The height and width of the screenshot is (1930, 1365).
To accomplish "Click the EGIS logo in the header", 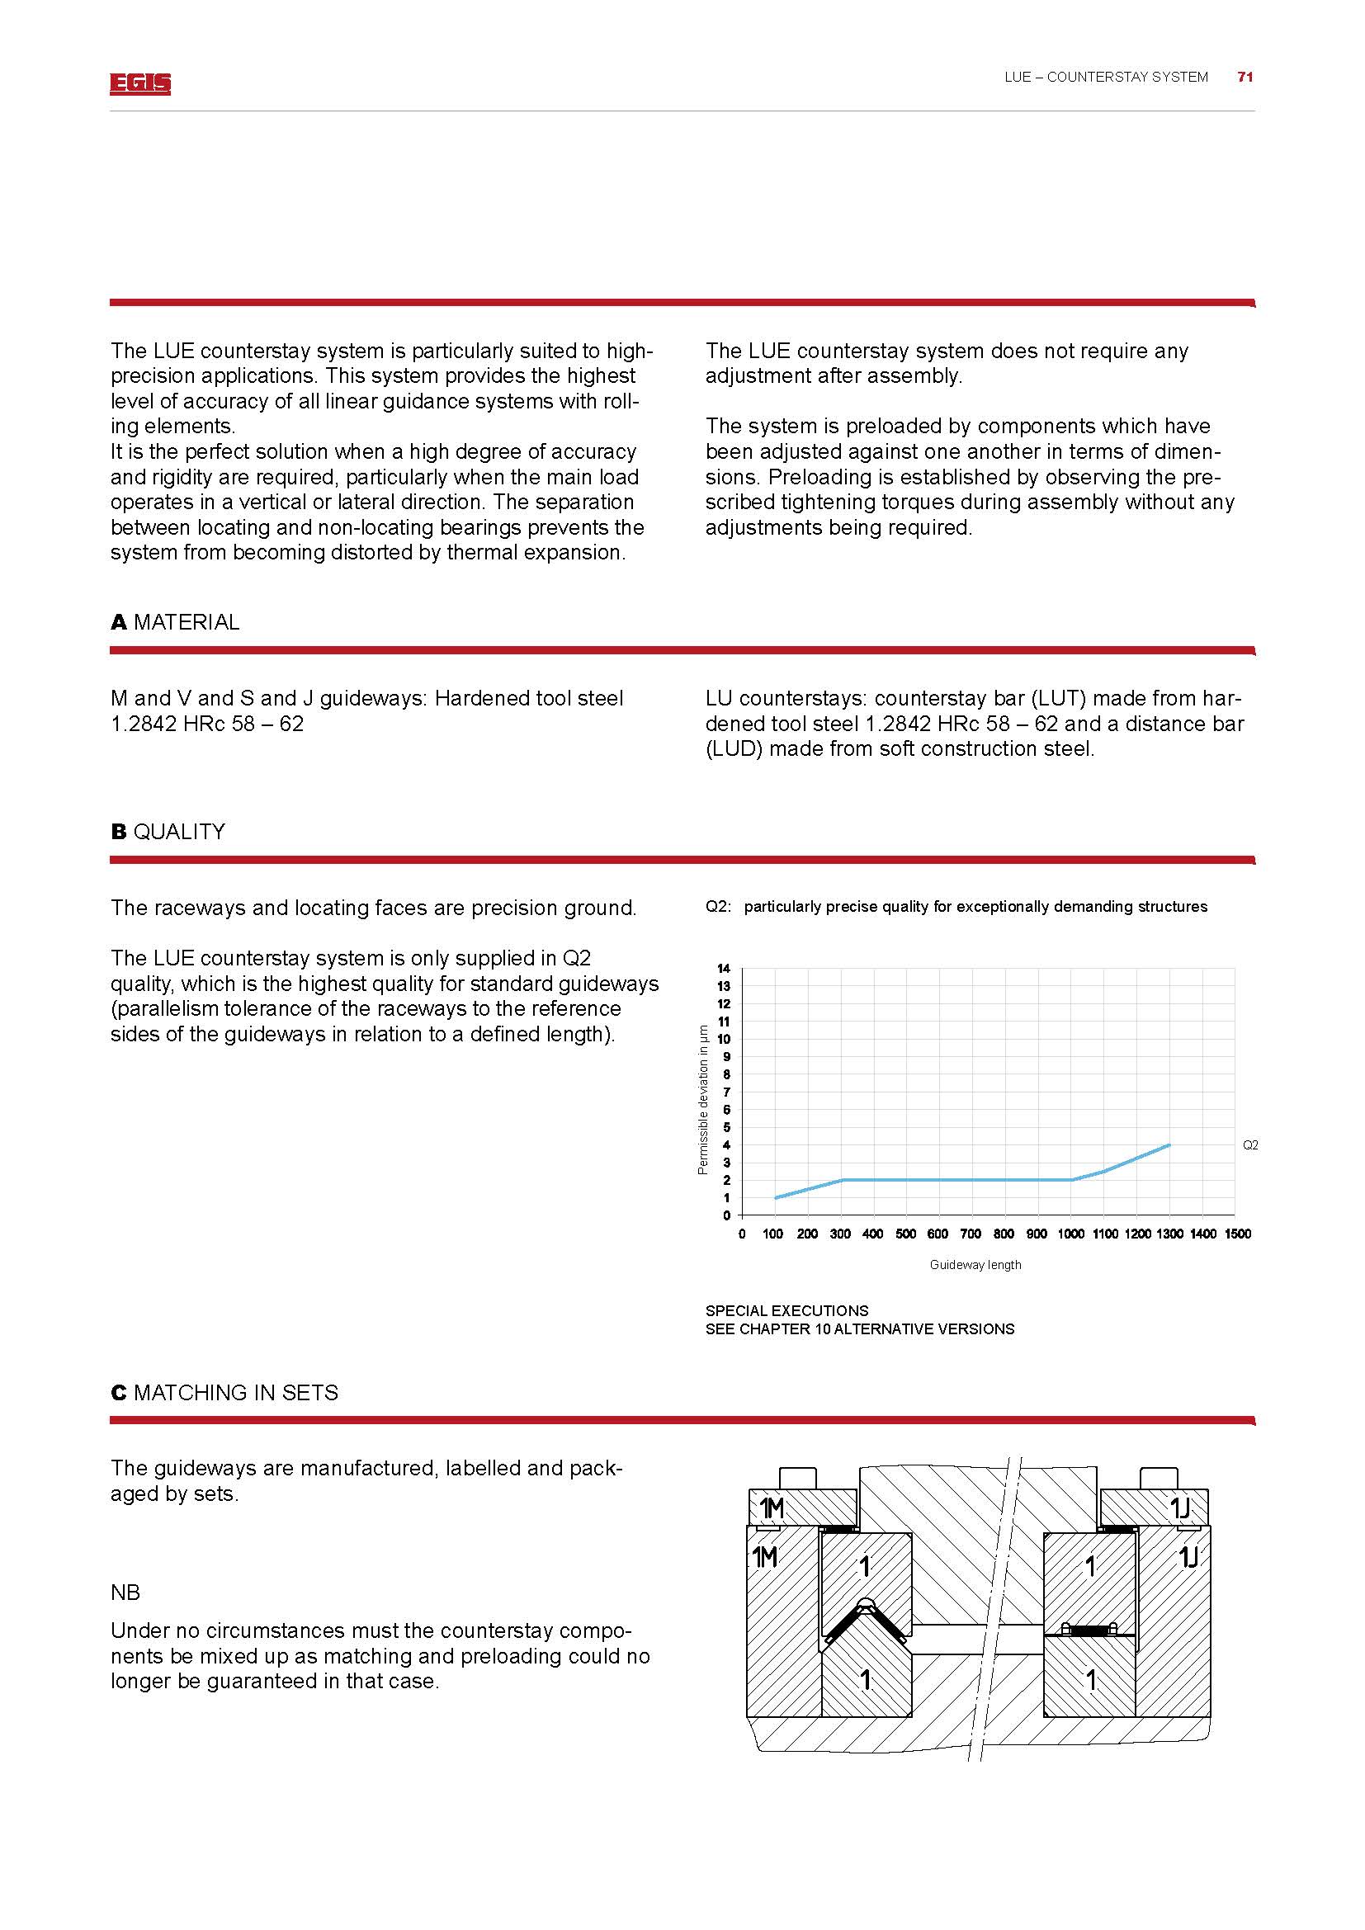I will point(139,83).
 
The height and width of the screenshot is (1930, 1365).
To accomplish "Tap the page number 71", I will point(1245,78).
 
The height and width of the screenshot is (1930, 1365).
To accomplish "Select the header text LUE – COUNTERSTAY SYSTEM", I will point(1105,78).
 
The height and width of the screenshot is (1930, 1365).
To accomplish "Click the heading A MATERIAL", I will point(175,622).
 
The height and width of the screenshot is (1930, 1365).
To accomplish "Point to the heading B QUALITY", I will point(168,832).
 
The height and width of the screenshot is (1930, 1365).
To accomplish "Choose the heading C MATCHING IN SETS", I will point(224,1393).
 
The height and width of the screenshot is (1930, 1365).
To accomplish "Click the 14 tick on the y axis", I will point(724,969).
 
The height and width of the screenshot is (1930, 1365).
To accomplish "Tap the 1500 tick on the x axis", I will point(1237,1234).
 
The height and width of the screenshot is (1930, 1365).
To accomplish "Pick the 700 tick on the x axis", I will point(971,1234).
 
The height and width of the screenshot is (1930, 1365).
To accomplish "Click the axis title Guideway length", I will point(975,1265).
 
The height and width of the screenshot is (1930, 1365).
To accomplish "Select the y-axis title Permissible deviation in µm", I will point(703,1098).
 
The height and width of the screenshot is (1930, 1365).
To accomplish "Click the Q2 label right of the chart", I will point(1249,1145).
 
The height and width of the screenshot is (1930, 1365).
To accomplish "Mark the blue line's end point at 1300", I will point(1169,1145).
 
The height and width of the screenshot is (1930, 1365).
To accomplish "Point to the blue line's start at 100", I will point(775,1198).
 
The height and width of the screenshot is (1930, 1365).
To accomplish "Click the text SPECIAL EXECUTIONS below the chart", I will point(786,1310).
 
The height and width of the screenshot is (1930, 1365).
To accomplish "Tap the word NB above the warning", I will point(125,1593).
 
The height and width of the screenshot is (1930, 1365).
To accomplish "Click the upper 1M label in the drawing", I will point(772,1510).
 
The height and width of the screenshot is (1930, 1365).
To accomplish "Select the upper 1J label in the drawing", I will point(1180,1510).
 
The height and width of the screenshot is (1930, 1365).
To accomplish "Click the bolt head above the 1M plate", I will point(798,1479).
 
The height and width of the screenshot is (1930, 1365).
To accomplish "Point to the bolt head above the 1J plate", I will point(1157,1479).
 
